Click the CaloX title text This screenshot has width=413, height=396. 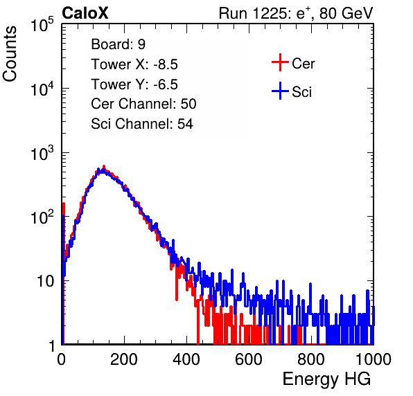coord(85,13)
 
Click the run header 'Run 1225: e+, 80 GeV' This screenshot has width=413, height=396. coord(296,13)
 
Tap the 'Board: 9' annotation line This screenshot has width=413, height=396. coord(118,44)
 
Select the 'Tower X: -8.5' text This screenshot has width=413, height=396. coord(134,64)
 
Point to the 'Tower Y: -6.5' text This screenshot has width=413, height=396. coord(134,84)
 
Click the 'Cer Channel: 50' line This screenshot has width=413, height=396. coord(143,104)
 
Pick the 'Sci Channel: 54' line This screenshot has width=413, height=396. coord(142,124)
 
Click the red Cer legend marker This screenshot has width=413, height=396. coord(280,62)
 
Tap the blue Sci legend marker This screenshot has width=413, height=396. coord(280,91)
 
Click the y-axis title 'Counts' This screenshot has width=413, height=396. coord(10,54)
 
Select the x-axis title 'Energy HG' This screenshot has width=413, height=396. coord(326,379)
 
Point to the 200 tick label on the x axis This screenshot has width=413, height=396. coord(124,359)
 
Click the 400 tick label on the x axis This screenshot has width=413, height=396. coord(186,359)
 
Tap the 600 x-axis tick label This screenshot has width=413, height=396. coord(249,359)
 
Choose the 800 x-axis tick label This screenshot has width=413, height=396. coord(311,359)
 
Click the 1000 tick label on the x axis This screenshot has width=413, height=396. coord(374,359)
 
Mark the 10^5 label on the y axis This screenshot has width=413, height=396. coord(42,25)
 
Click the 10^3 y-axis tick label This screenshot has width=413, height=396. coord(42,154)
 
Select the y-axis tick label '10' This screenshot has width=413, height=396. coord(46,281)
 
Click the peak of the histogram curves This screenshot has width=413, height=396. coord(103,167)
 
